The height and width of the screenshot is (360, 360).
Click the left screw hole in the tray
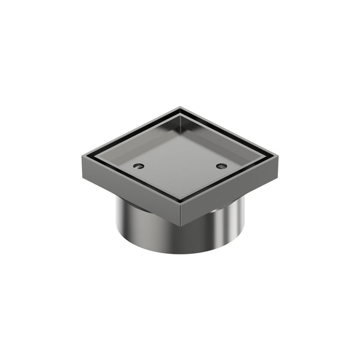[139, 165]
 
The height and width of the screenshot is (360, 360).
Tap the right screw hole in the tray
[222, 166]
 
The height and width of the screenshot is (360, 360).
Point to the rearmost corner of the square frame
[181, 108]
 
